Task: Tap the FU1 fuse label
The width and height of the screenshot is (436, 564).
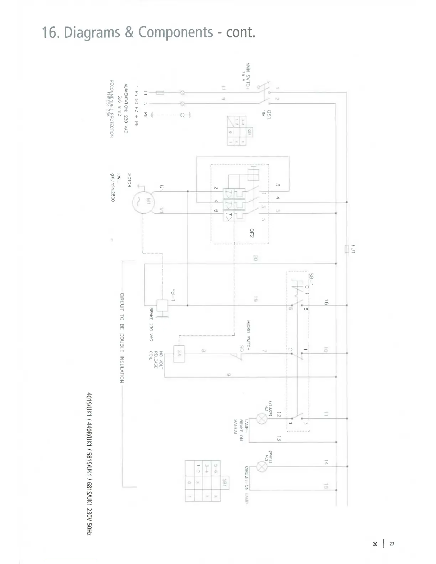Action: [353, 248]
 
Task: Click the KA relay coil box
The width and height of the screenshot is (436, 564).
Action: [179, 354]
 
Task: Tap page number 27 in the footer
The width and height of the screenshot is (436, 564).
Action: [392, 544]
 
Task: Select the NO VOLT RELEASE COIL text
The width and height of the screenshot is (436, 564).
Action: [156, 360]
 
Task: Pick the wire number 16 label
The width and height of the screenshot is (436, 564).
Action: [326, 302]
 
